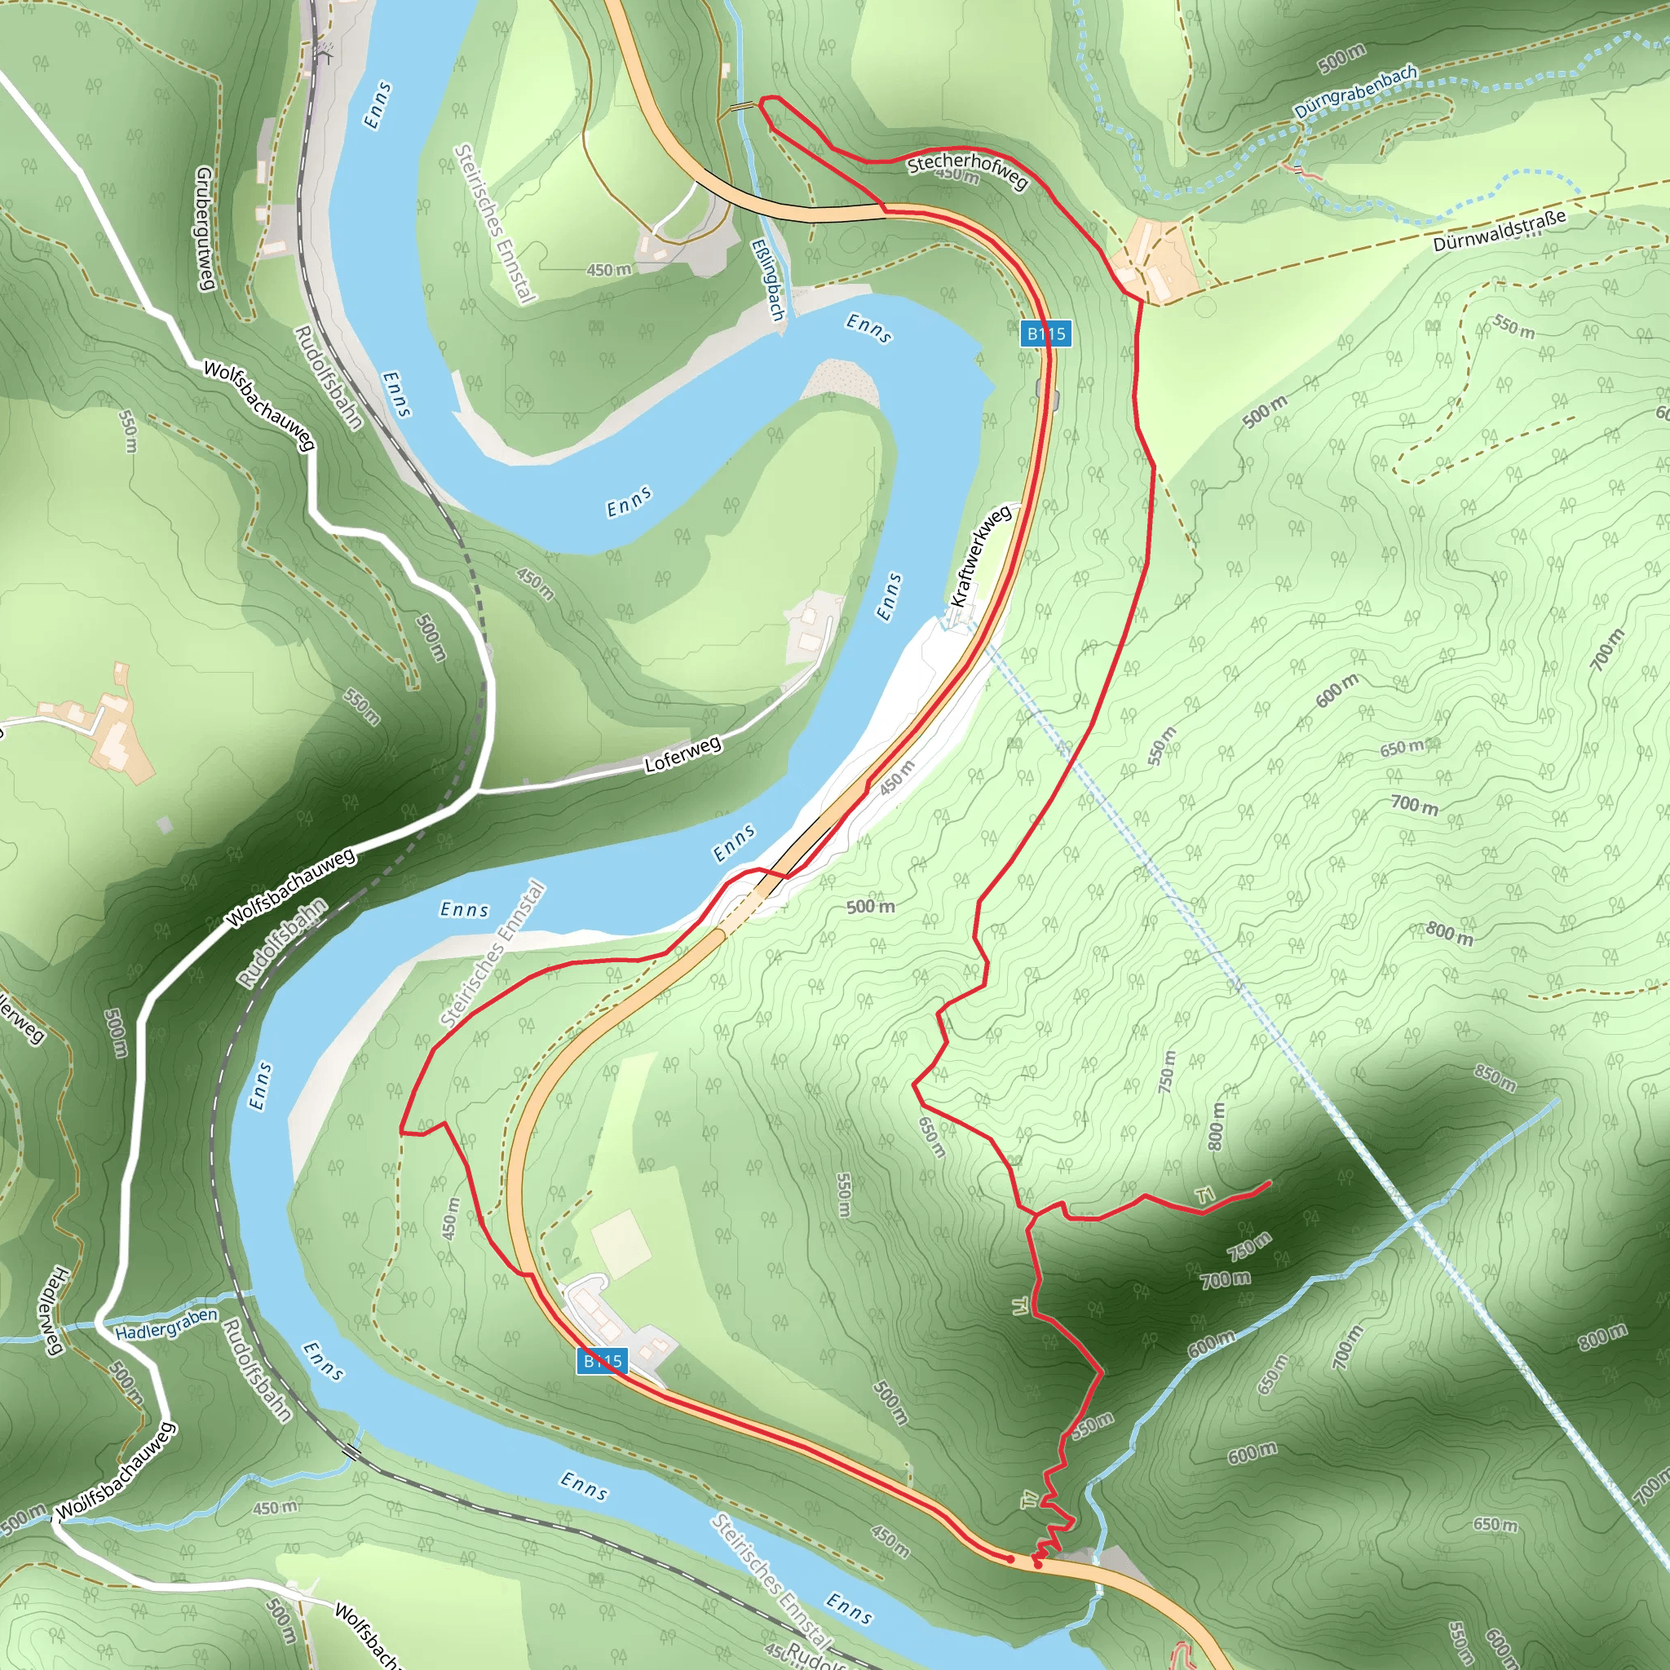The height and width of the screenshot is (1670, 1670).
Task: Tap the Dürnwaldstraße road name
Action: point(1499,231)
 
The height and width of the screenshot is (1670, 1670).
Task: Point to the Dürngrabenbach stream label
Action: point(1355,91)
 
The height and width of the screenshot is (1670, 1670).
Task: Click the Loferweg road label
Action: point(682,753)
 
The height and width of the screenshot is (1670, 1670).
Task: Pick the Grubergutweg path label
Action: point(205,228)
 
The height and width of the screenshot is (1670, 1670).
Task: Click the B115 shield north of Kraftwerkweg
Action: point(1045,334)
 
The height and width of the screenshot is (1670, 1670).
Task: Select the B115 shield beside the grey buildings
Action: point(602,1362)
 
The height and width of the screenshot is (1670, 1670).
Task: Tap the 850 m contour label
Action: point(1495,1079)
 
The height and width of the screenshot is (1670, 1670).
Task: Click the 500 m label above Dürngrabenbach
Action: point(1341,59)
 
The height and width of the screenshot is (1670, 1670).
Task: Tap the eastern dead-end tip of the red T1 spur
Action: point(1269,1182)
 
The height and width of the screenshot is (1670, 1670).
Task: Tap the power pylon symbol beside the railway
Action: point(325,52)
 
